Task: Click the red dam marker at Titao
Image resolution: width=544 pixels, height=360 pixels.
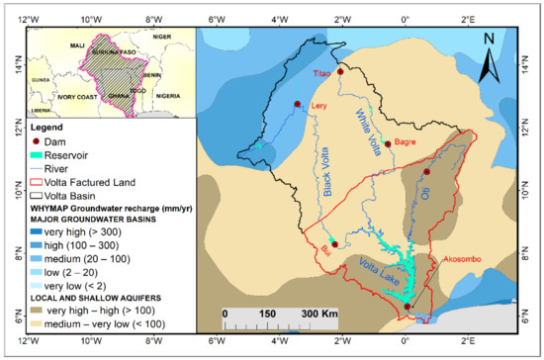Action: [x=340, y=71]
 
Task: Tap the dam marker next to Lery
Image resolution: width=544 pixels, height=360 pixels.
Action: [x=297, y=104]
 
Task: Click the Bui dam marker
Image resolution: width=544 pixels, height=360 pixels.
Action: [x=334, y=244]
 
